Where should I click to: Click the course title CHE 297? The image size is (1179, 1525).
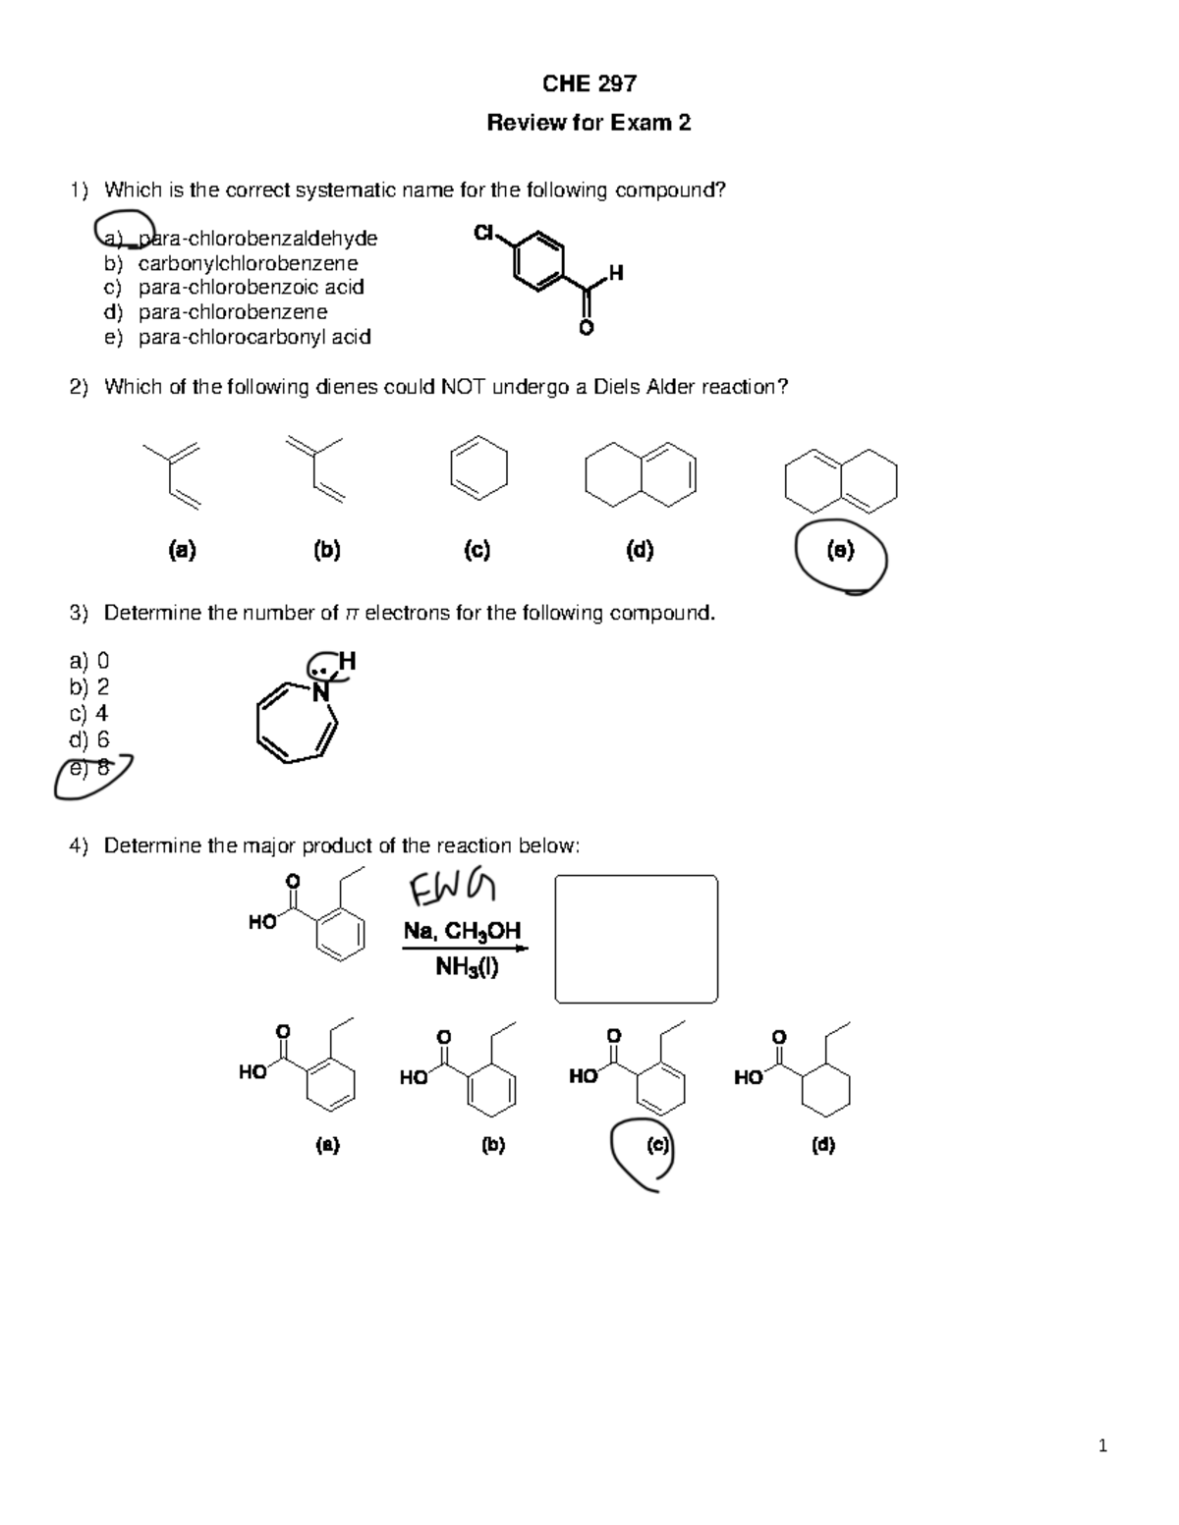coord(589,83)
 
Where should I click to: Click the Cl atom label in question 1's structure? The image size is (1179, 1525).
coord(483,233)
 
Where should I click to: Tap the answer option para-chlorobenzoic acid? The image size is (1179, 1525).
coord(251,288)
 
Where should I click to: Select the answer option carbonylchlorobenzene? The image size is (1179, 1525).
coord(248,263)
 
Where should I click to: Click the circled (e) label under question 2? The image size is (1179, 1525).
coord(841,551)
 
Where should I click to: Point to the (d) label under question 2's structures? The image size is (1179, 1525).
coord(640,551)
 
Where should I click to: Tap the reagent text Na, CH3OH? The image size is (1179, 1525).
coord(462,931)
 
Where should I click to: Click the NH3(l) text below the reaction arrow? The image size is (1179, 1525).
coord(467,968)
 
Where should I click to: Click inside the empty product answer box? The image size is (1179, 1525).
coord(636,939)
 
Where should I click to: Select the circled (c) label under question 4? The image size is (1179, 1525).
coord(657,1145)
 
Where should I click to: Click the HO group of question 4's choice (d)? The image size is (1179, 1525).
coord(749,1078)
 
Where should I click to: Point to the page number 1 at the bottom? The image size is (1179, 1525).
coord(1103,1445)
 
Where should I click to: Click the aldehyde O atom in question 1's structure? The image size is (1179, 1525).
coord(587,328)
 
